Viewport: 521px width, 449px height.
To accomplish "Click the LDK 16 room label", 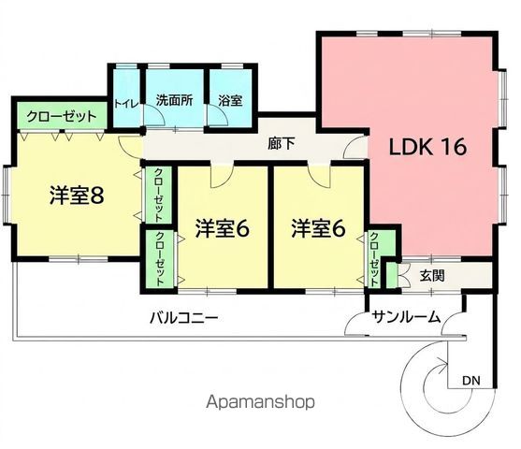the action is click(x=427, y=146).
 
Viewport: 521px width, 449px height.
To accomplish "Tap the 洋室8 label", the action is click(x=77, y=196).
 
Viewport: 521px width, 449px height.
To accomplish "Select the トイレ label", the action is click(x=126, y=104).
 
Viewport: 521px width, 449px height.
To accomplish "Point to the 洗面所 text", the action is click(x=174, y=100).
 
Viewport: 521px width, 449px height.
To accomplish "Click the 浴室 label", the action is click(x=230, y=100).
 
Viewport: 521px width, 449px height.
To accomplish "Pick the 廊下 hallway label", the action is click(x=282, y=144).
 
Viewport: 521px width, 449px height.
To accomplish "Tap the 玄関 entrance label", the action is click(x=431, y=276).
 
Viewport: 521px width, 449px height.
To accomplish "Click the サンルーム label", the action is click(x=406, y=317).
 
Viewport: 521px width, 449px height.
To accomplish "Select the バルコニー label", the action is click(x=183, y=318).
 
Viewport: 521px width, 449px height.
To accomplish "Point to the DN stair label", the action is click(x=471, y=380).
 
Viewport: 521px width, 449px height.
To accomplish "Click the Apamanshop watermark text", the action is click(x=260, y=402).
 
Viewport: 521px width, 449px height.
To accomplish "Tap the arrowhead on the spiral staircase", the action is click(x=443, y=363).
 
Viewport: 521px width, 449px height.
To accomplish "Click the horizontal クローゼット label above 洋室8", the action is click(x=62, y=117).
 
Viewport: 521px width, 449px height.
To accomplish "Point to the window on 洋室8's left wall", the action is click(x=6, y=195).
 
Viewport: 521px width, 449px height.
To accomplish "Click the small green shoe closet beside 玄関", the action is click(x=392, y=276).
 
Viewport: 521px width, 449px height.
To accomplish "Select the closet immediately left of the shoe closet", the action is click(x=374, y=258).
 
